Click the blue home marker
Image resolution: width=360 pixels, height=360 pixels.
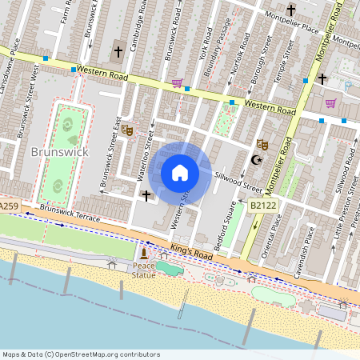click(180, 173)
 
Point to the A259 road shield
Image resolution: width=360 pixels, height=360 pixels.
click(9, 206)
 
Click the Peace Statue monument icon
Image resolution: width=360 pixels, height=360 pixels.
click(144, 254)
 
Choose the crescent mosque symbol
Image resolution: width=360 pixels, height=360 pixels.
click(256, 160)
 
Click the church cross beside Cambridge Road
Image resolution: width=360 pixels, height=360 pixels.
click(118, 51)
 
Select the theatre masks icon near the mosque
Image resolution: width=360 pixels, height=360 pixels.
click(261, 145)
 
